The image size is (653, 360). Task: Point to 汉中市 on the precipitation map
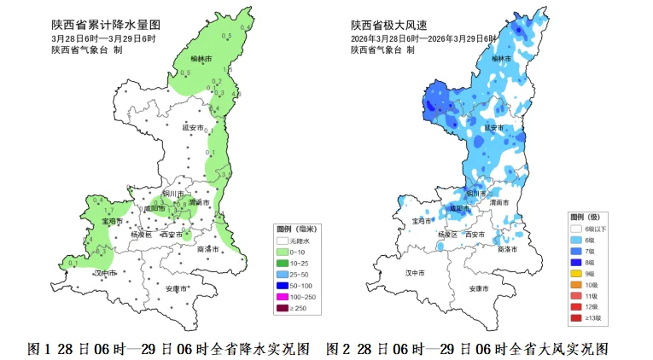click(105, 273)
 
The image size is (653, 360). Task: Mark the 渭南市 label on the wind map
click(501, 202)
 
